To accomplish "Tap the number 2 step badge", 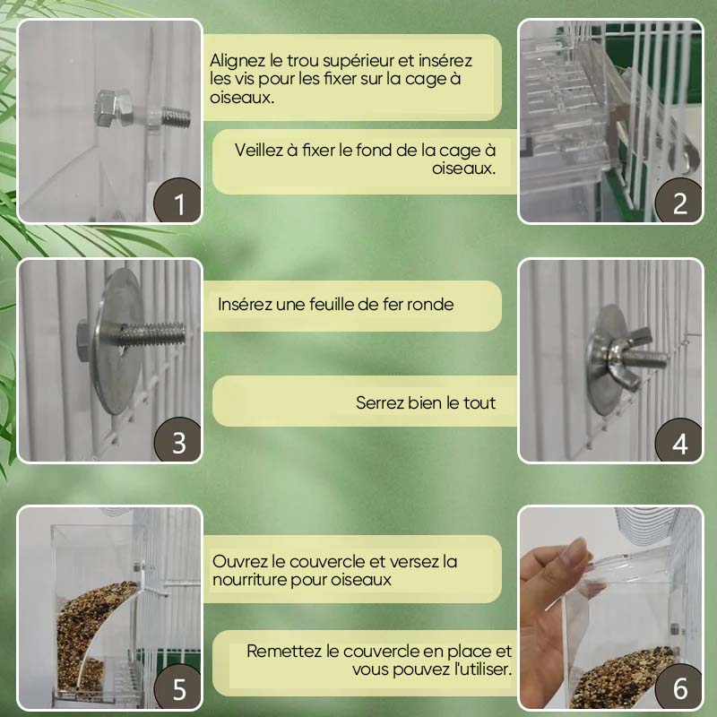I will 679,203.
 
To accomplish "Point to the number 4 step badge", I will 679,443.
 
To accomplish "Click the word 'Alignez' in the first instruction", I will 238,62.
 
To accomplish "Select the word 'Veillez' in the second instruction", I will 262,150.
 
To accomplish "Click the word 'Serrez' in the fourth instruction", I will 381,403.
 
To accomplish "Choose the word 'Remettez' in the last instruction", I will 281,652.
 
